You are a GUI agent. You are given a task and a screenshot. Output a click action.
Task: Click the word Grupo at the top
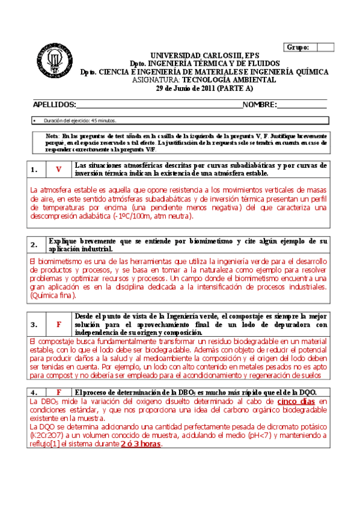299,47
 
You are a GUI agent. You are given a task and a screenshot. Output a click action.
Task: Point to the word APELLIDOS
55,104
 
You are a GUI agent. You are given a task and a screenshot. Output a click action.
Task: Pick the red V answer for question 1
58,170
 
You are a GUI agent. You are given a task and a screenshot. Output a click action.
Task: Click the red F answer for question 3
58,324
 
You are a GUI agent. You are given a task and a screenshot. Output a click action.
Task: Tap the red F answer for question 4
58,392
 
